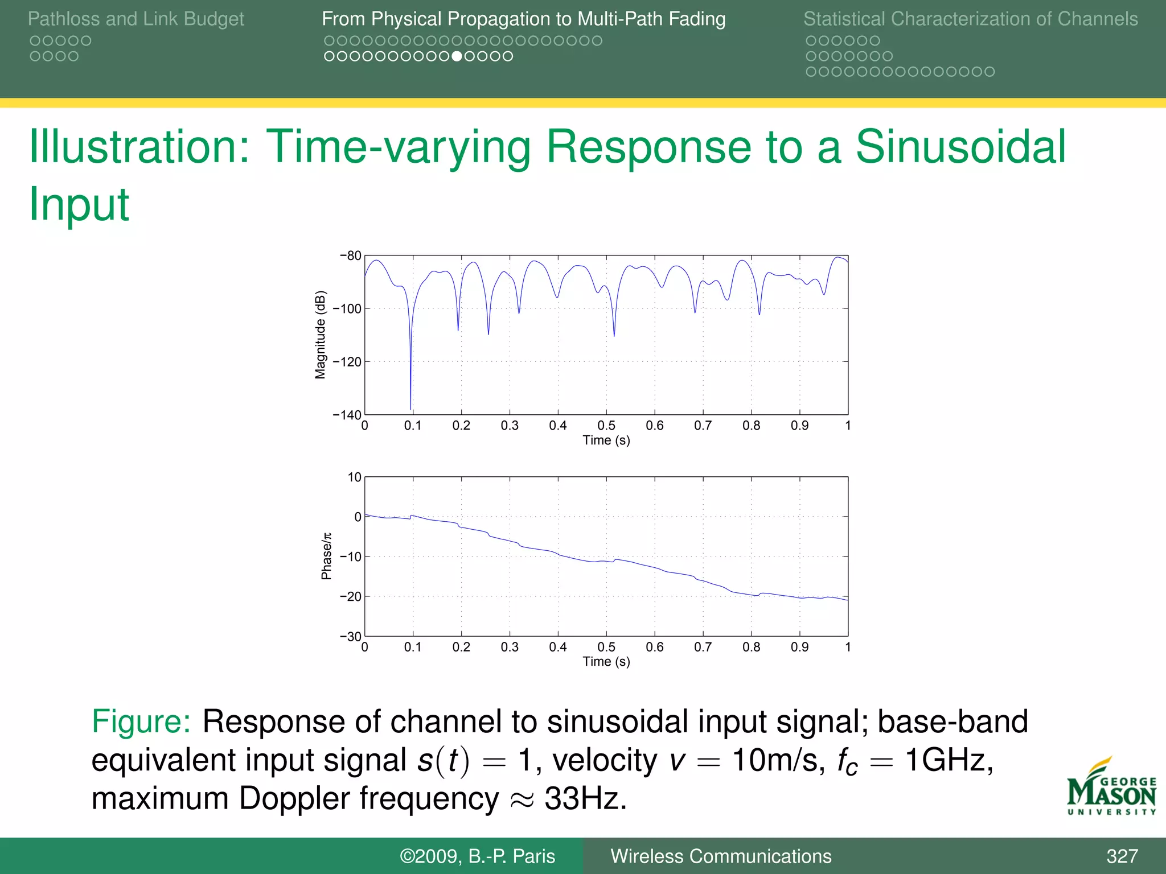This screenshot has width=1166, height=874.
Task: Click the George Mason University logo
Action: tap(1111, 788)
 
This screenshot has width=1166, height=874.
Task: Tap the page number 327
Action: tap(1122, 856)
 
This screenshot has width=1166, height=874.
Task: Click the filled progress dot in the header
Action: tap(457, 56)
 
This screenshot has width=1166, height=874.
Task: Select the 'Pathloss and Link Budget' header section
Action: tap(136, 19)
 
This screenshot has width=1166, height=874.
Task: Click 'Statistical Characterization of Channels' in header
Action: tap(970, 19)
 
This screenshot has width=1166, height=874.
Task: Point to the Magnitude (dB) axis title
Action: tap(321, 335)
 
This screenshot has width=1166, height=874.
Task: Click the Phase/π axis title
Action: tap(326, 556)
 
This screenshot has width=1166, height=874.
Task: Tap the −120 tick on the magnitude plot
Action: tap(347, 361)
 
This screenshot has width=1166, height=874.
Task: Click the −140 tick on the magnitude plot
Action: tap(347, 414)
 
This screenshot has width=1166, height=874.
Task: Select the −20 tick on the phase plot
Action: tap(350, 596)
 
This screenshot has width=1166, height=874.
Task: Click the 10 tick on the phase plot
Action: tap(354, 477)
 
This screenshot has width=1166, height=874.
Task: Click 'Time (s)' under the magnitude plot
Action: tap(606, 440)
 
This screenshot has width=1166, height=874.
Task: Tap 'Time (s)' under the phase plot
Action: tap(606, 661)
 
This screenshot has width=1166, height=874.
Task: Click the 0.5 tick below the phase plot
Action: tap(606, 647)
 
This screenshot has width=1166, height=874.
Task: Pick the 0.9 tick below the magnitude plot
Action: tap(799, 426)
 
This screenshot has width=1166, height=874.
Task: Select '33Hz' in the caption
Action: tap(585, 798)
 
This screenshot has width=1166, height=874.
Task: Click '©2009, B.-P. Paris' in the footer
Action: tap(477, 856)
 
